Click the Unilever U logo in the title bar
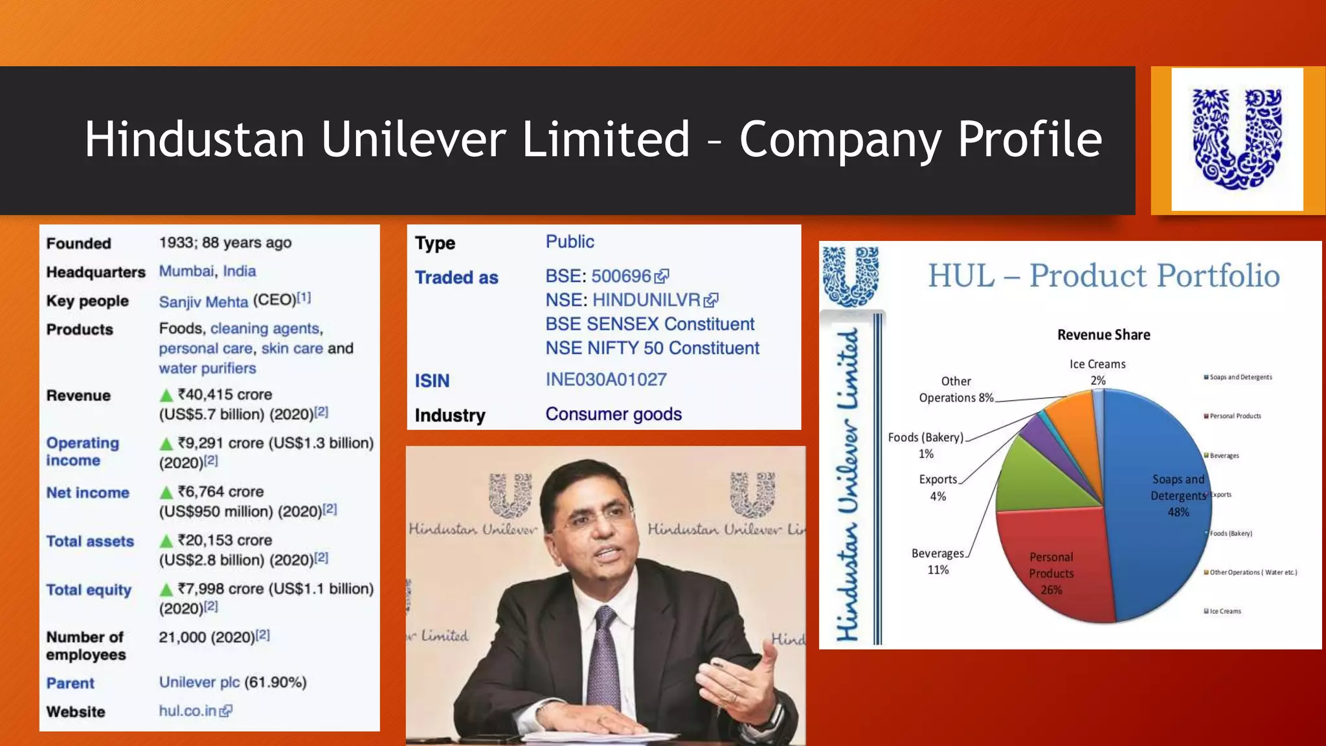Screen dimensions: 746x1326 coord(1237,139)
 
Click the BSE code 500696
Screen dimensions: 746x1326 coord(620,277)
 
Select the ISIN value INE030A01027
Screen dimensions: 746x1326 coord(605,379)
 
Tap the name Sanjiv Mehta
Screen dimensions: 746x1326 coord(203,302)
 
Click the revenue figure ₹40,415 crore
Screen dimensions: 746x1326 coord(225,395)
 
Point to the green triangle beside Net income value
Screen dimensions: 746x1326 coord(166,493)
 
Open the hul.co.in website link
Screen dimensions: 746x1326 coord(188,711)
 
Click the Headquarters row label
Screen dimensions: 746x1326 coord(95,272)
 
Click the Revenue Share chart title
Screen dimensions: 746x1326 coord(1103,335)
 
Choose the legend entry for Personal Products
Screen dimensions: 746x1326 coord(1235,416)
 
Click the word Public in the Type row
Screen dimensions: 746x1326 coord(570,242)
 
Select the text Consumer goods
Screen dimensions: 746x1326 coord(613,414)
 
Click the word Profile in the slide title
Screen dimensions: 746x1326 coord(1029,139)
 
